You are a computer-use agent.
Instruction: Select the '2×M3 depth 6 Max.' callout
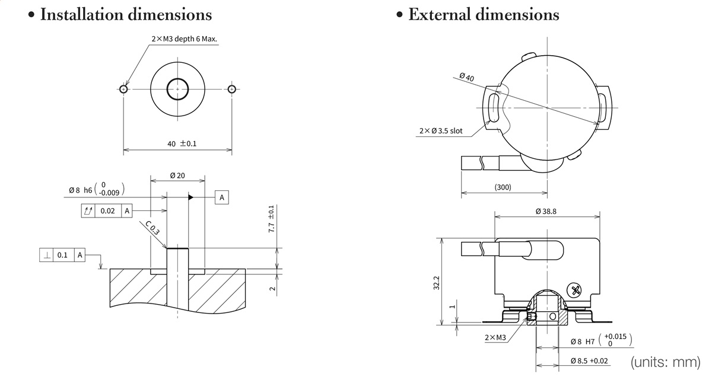(184, 39)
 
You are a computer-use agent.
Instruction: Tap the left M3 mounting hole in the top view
(123, 90)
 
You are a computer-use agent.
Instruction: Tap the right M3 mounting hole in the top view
(231, 90)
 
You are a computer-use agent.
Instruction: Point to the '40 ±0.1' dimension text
(182, 144)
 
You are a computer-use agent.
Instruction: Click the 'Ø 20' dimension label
(177, 175)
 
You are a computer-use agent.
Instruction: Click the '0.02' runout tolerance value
(107, 210)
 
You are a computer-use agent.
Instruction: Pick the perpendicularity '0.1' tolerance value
(62, 255)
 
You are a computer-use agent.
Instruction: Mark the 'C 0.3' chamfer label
(152, 228)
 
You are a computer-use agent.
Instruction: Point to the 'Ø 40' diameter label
(466, 76)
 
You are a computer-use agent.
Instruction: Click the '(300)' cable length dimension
(503, 187)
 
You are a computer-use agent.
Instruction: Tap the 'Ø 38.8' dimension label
(546, 212)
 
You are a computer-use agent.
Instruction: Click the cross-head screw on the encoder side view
(574, 290)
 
